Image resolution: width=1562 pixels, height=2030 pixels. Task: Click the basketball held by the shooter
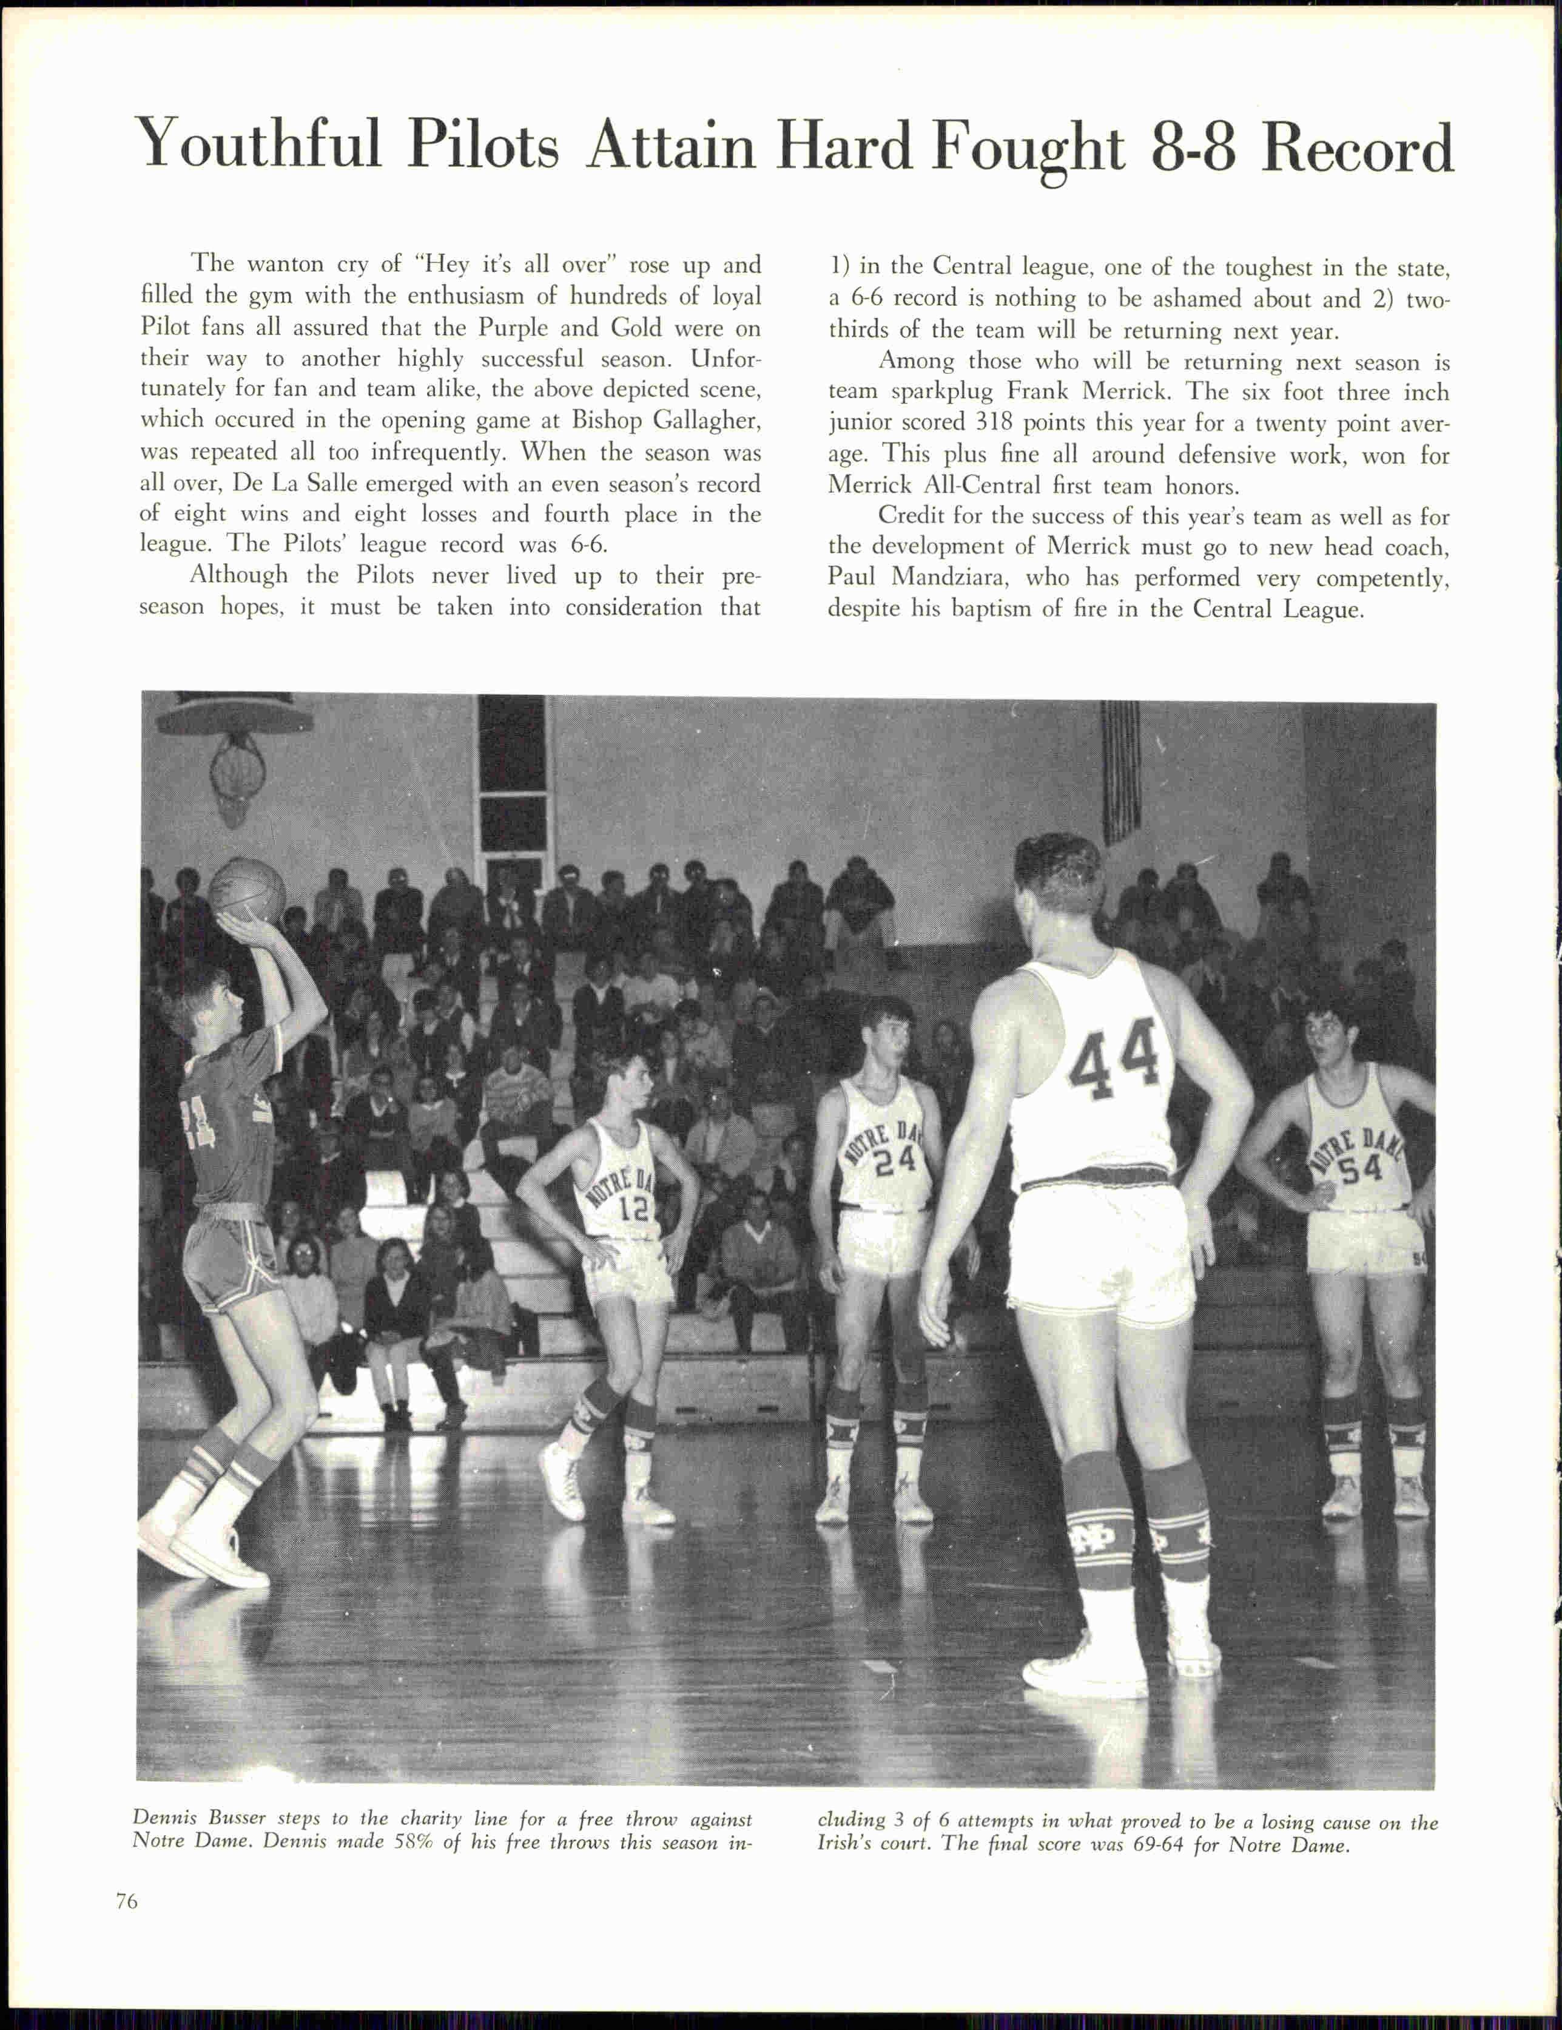[246, 890]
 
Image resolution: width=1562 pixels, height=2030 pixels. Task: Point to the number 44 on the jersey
[1114, 1055]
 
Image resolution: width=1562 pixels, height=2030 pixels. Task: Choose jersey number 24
[895, 1159]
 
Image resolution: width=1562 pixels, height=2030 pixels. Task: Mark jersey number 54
[1361, 1169]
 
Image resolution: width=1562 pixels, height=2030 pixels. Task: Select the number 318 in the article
[995, 423]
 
